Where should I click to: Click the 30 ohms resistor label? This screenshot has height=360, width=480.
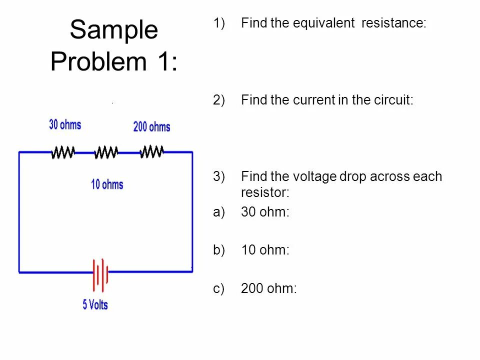65,124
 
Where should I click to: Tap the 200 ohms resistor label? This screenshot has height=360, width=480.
151,127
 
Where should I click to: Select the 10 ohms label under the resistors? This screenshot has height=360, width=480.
107,184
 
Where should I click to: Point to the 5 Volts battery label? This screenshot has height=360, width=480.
95,304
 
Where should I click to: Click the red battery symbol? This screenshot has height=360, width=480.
100,274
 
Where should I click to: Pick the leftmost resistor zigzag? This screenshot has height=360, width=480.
63,152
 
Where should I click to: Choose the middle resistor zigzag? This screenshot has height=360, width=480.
106,152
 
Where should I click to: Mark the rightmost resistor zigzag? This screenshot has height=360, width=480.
152,151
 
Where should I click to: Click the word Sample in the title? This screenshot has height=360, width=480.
114,30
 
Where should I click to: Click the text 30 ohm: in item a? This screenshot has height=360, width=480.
265,212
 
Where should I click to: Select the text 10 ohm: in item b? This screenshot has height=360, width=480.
265,250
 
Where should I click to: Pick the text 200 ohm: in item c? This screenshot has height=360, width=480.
268,288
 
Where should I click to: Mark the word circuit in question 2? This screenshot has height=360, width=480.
394,100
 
